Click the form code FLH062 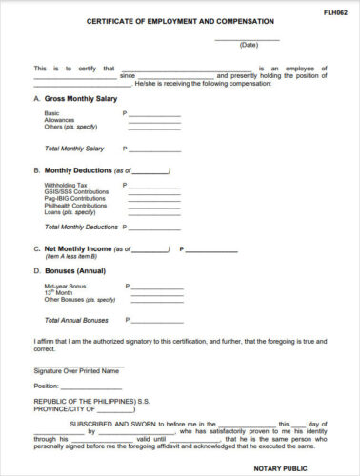(334, 12)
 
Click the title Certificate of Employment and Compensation (180, 20)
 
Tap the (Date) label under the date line (249, 45)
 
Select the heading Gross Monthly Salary (82, 99)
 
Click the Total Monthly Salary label (75, 149)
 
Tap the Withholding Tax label (66, 185)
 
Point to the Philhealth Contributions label (76, 205)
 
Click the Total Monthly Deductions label (81, 228)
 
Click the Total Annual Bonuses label (76, 320)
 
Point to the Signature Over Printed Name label (76, 370)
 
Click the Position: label (47, 387)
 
